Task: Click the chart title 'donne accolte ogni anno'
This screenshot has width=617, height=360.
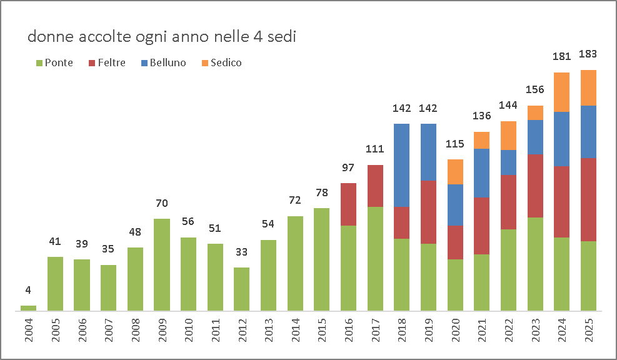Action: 161,37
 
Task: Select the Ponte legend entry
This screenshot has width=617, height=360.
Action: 54,62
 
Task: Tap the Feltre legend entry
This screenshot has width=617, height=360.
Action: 108,62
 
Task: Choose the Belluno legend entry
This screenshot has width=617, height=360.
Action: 163,62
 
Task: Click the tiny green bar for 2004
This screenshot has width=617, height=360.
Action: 29,307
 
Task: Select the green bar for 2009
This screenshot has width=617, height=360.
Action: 162,264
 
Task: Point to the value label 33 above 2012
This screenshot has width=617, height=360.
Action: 242,253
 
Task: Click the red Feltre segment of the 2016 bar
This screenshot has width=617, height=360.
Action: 348,204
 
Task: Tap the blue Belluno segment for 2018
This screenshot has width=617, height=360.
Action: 402,165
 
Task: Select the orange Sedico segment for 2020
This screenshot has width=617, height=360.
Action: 456,172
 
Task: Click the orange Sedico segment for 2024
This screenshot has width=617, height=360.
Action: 562,92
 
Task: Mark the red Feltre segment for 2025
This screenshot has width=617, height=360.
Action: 589,199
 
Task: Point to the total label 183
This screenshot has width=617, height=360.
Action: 589,54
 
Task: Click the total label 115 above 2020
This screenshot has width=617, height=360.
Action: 456,144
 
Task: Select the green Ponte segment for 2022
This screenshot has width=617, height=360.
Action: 509,269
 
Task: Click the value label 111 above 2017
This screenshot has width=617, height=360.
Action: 375,149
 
